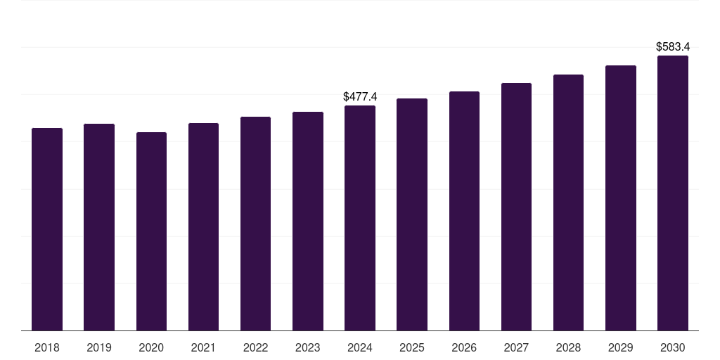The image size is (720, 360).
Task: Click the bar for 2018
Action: [x=47, y=229]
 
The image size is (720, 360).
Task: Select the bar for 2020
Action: [x=151, y=231]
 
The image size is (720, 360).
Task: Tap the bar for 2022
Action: [x=255, y=224]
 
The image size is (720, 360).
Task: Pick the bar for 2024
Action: [x=360, y=218]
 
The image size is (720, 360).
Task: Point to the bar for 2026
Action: [x=464, y=211]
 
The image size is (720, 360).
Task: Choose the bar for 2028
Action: [x=568, y=202]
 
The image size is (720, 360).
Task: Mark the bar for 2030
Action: [x=673, y=193]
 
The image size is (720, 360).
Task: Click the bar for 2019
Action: [x=99, y=227]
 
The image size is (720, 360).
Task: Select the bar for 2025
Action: [x=412, y=214]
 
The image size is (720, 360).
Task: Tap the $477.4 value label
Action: [x=360, y=96]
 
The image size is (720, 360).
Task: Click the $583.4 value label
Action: [x=673, y=47]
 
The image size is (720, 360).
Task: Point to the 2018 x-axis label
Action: [x=47, y=348]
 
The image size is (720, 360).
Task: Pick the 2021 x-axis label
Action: [x=203, y=348]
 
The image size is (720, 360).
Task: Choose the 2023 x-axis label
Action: [x=308, y=348]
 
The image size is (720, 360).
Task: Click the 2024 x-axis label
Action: [x=360, y=348]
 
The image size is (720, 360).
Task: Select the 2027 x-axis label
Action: [x=516, y=348]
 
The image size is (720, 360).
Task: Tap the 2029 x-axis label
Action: [x=621, y=348]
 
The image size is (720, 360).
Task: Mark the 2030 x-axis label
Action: [x=673, y=348]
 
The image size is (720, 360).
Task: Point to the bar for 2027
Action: [x=516, y=207]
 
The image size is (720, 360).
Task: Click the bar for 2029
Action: [x=621, y=198]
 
